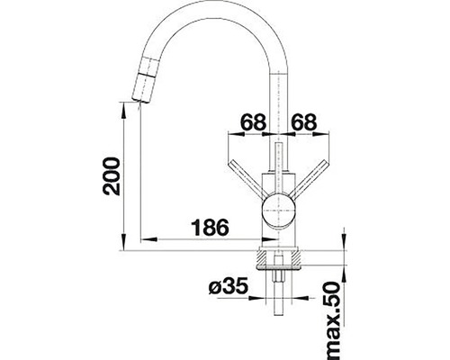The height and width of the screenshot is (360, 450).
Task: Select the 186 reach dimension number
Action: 209,227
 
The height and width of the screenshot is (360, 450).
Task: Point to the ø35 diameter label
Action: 228,288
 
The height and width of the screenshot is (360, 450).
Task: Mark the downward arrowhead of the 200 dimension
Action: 120,239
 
